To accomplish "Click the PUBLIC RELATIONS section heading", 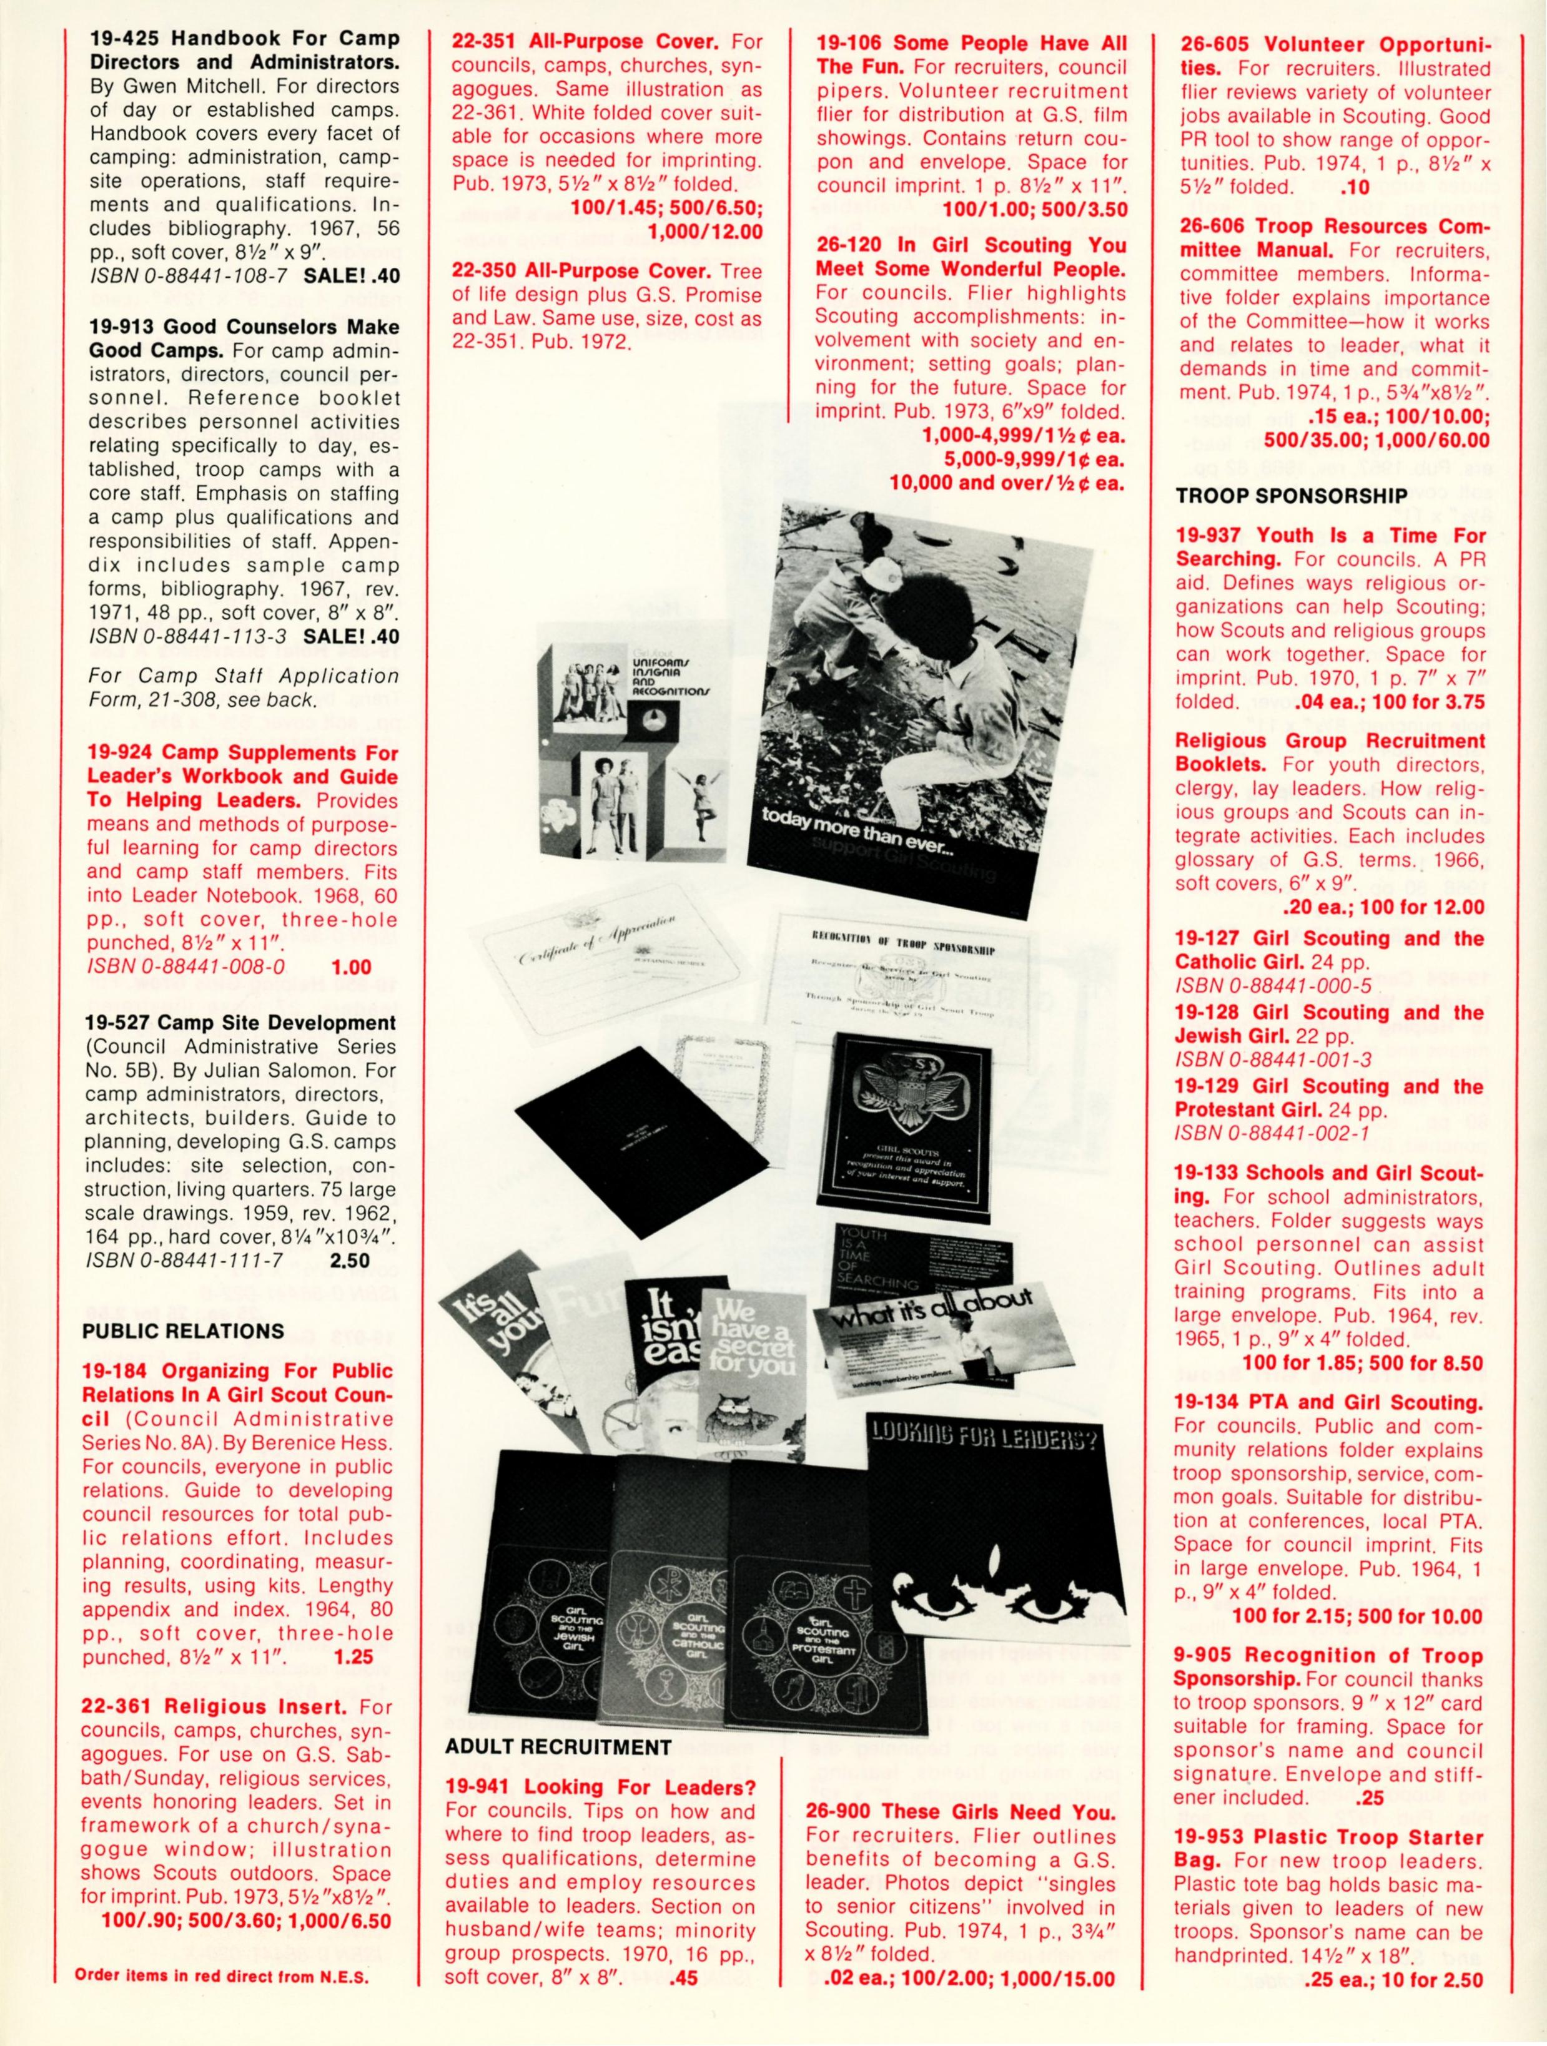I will pos(183,1331).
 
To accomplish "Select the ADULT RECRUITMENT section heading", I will pos(558,1747).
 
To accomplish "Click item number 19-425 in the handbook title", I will pos(121,40).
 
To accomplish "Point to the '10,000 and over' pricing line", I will pos(1007,483).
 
